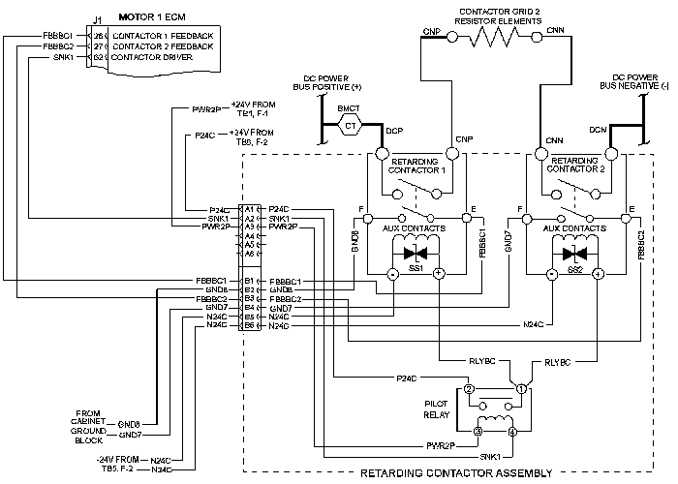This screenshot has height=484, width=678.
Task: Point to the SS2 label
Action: (575, 267)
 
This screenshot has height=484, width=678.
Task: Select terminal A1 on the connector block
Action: (249, 209)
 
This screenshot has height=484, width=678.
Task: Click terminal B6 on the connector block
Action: (249, 325)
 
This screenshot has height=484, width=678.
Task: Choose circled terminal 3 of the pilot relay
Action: (478, 430)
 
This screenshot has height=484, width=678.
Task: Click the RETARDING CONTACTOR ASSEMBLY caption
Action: (456, 473)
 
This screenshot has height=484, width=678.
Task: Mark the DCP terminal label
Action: (393, 131)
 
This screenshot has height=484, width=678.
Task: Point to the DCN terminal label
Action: (598, 131)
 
